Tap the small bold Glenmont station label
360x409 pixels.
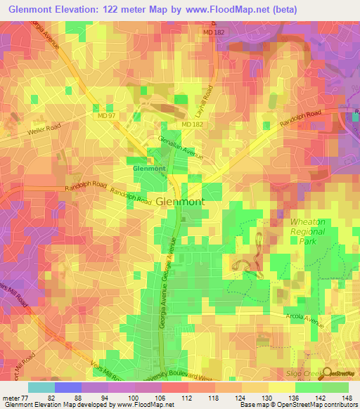(x=150, y=169)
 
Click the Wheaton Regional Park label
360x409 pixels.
(x=308, y=230)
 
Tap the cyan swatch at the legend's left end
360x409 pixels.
(x=41, y=387)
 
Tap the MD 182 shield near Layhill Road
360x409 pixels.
(x=191, y=124)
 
